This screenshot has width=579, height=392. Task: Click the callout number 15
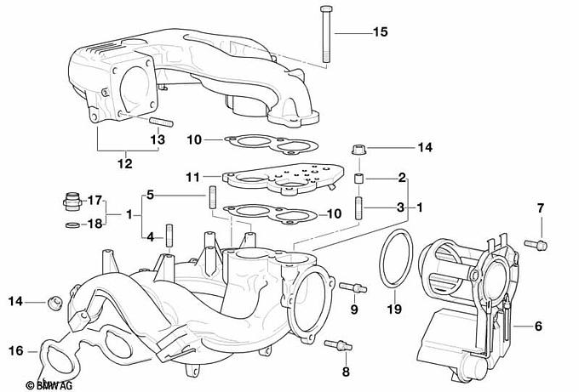(x=380, y=31)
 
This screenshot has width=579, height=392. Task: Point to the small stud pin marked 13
(x=161, y=122)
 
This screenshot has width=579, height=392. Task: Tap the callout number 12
(x=125, y=163)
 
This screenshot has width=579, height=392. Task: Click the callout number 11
(x=193, y=178)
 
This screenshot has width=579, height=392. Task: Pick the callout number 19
(x=394, y=309)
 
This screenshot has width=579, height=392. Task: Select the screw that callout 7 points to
(x=536, y=244)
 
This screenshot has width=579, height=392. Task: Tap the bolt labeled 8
(x=338, y=345)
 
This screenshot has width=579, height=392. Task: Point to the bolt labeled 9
(x=353, y=287)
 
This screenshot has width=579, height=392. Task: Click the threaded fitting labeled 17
(x=72, y=201)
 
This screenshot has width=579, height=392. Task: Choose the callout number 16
(x=16, y=350)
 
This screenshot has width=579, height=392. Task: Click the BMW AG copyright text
(x=49, y=385)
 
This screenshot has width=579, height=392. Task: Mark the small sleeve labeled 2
(x=358, y=179)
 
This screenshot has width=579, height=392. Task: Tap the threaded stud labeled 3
(x=359, y=208)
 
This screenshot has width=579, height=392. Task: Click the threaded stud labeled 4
(x=169, y=236)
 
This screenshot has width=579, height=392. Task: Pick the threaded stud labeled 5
(x=212, y=197)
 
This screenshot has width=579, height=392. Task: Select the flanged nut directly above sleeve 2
(x=358, y=151)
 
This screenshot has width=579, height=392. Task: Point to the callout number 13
(x=158, y=139)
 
